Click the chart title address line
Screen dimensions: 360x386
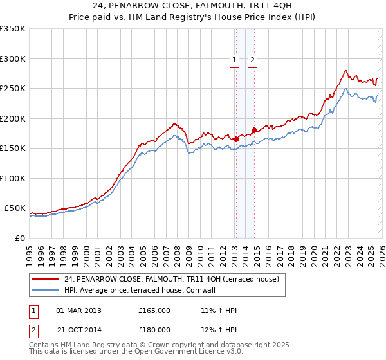193,6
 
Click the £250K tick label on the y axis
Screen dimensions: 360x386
13,89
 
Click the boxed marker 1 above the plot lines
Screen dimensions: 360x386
235,60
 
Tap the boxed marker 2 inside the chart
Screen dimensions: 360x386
252,60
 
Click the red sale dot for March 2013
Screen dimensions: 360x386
236,138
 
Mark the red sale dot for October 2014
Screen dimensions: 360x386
255,130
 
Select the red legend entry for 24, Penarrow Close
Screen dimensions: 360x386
170,280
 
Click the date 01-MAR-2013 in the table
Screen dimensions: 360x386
78,310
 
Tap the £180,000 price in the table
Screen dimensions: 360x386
154,329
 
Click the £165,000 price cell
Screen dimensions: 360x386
154,310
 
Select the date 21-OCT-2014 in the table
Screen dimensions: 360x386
78,329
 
